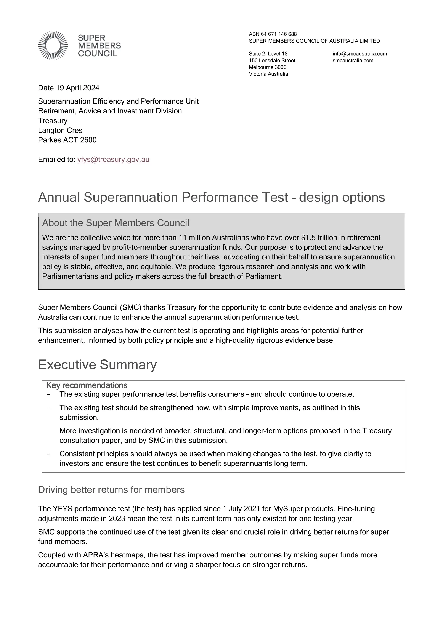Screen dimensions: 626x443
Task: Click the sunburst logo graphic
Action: click(53, 46)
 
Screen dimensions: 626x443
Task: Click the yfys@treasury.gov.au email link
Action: click(113, 160)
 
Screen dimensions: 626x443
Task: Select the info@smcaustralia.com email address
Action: click(360, 54)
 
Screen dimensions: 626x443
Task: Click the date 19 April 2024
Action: click(77, 88)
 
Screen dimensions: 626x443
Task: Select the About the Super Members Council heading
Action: click(116, 223)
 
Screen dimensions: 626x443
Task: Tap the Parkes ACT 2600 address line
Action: click(67, 140)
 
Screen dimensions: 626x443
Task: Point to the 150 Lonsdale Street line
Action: click(272, 61)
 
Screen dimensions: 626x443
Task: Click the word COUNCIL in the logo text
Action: click(97, 53)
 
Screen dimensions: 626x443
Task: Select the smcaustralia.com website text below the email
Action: click(353, 61)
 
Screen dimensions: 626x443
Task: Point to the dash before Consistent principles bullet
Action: click(48, 454)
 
